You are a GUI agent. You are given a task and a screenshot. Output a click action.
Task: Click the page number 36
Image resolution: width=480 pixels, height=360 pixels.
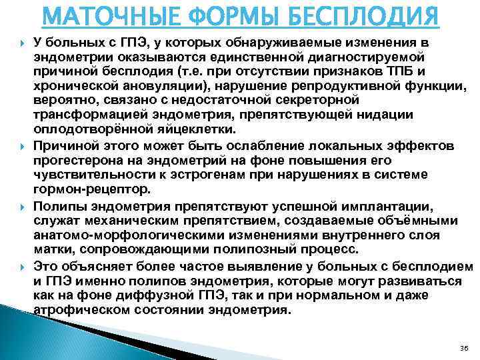pyautogui.click(x=463, y=348)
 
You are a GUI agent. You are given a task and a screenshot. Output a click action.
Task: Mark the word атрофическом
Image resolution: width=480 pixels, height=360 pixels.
pyautogui.click(x=79, y=310)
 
